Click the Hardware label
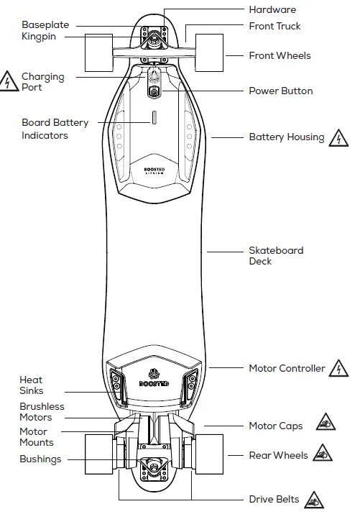pyautogui.click(x=272, y=10)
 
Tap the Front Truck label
pyautogui.click(x=274, y=26)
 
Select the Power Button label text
pyautogui.click(x=281, y=91)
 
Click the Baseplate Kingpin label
pyautogui.click(x=45, y=30)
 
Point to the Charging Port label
pyautogui.click(x=42, y=82)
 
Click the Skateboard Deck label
pyautogui.click(x=276, y=256)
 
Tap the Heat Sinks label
pyautogui.click(x=32, y=385)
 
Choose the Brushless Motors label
pyautogui.click(x=42, y=412)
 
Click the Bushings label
pyautogui.click(x=40, y=459)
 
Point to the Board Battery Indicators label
pyautogui.click(x=55, y=129)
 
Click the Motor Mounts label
pyautogui.click(x=36, y=437)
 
